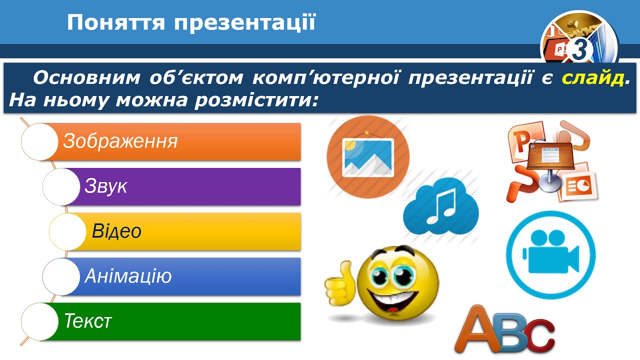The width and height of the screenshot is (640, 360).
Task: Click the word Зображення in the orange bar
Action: (x=120, y=141)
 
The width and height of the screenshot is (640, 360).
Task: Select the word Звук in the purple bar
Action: (x=105, y=186)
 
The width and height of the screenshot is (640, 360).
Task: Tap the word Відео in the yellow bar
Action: (x=116, y=231)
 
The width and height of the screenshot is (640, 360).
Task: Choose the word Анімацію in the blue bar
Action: (x=128, y=276)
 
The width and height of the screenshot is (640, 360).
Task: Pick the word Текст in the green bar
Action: (x=87, y=321)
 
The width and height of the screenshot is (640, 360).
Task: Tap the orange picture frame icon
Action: (x=367, y=157)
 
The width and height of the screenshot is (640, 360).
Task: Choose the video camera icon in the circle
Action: (x=550, y=252)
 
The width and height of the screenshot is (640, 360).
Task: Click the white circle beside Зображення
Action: (x=39, y=142)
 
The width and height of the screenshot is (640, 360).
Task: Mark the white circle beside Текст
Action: (x=39, y=321)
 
